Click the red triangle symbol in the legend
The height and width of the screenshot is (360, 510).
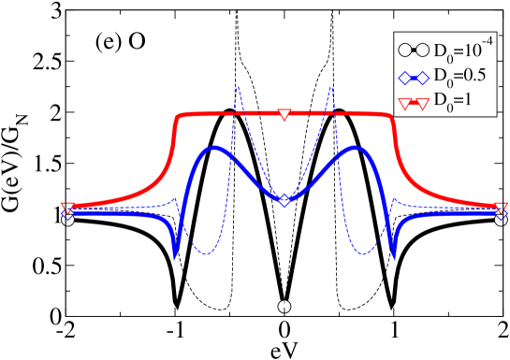414,102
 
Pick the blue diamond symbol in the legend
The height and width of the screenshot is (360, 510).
414,77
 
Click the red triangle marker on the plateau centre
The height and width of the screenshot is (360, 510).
284,114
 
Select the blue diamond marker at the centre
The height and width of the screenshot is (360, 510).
284,200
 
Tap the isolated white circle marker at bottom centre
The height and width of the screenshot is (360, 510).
284,307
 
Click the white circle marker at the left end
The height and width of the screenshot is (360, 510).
67,220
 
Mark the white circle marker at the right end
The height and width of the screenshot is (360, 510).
502,220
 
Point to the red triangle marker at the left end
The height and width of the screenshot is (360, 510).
67,208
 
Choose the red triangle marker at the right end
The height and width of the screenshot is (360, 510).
502,208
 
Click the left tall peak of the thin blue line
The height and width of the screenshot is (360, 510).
239,87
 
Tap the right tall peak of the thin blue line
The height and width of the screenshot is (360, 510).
330,87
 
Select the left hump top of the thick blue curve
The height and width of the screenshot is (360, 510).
214,148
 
